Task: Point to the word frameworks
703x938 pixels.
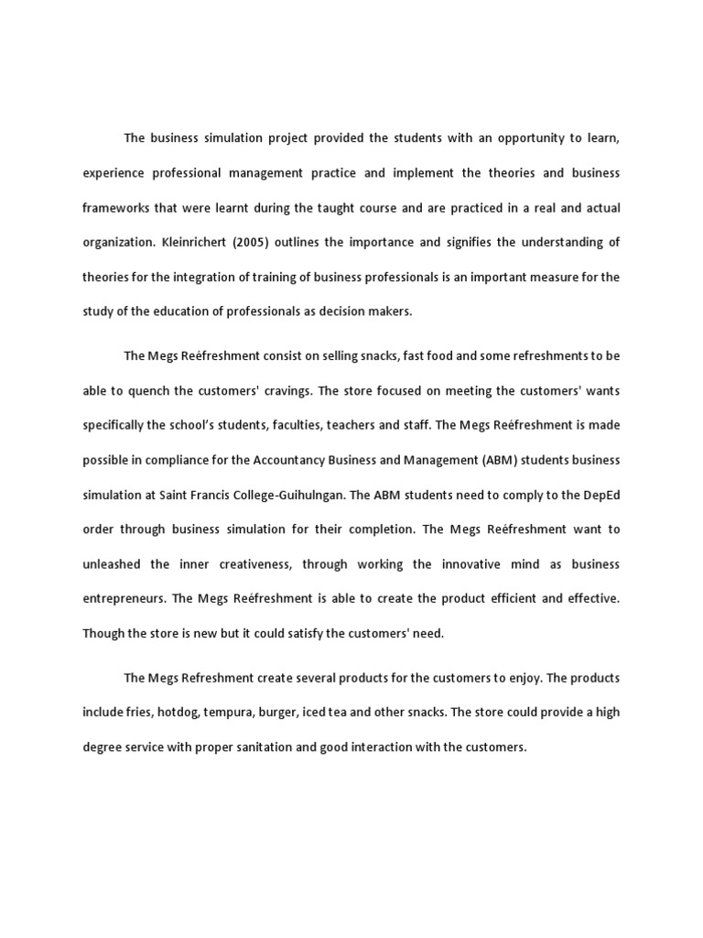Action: pos(114,208)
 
